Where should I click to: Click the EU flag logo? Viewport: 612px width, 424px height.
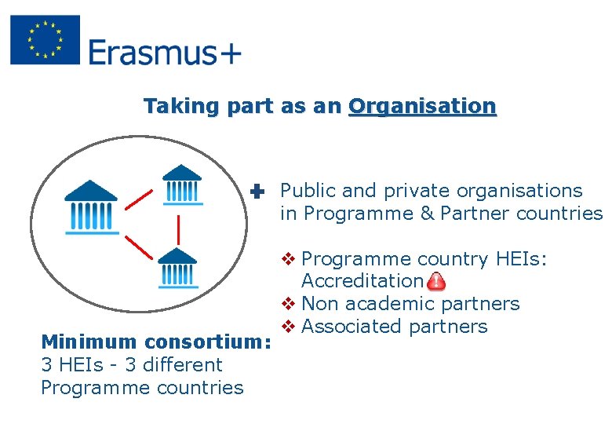click(45, 40)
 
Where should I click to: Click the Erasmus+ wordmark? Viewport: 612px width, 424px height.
click(165, 53)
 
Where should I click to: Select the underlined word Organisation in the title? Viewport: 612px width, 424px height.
click(422, 106)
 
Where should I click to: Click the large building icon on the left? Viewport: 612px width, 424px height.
click(91, 207)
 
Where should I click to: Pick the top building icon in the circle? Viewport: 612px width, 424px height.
click(182, 185)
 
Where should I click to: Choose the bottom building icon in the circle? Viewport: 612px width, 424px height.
click(177, 267)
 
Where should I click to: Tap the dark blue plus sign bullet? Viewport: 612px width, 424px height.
click(257, 191)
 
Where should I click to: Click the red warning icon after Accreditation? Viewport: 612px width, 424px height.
click(436, 281)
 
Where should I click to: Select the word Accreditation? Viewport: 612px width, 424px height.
click(362, 281)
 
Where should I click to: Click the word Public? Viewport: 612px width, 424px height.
click(308, 191)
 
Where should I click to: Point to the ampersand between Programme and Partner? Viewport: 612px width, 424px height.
click(427, 214)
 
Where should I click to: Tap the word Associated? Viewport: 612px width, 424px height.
click(352, 327)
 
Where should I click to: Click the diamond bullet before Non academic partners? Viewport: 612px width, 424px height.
click(287, 304)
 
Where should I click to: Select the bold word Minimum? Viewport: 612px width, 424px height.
click(86, 342)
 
